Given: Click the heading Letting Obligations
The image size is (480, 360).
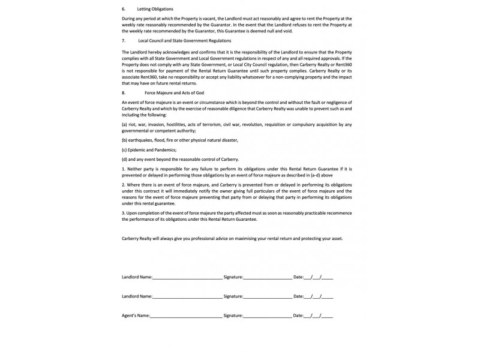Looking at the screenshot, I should point(155,10).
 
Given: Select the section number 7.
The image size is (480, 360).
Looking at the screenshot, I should point(123,40).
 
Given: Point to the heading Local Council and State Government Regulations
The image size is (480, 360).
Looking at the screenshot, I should point(184,40).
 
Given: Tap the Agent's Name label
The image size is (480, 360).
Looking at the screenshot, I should point(135,315).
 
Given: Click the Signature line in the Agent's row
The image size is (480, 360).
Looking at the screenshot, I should point(267,315).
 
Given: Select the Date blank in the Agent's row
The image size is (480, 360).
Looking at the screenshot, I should point(319,315).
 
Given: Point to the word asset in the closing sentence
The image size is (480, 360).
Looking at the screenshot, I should point(336,238).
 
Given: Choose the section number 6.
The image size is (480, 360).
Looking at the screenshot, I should point(123,10).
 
